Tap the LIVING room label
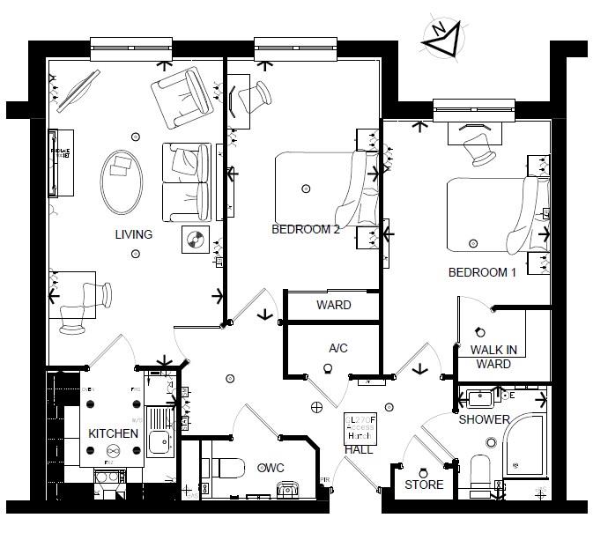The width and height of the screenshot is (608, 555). (x=133, y=234)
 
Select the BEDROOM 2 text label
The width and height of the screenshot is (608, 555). (x=305, y=229)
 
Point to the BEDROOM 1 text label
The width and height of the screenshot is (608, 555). (x=482, y=272)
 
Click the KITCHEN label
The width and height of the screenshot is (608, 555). (x=113, y=434)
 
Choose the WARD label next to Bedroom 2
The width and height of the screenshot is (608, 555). (x=333, y=306)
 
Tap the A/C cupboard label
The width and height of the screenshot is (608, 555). (x=338, y=349)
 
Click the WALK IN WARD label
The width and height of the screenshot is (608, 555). (x=493, y=357)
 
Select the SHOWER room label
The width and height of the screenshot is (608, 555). (x=484, y=419)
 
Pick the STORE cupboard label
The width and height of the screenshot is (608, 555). (x=424, y=485)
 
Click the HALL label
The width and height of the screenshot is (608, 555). (x=359, y=450)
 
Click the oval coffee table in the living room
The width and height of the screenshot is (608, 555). (x=121, y=181)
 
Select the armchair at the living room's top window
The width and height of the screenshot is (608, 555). (x=181, y=95)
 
